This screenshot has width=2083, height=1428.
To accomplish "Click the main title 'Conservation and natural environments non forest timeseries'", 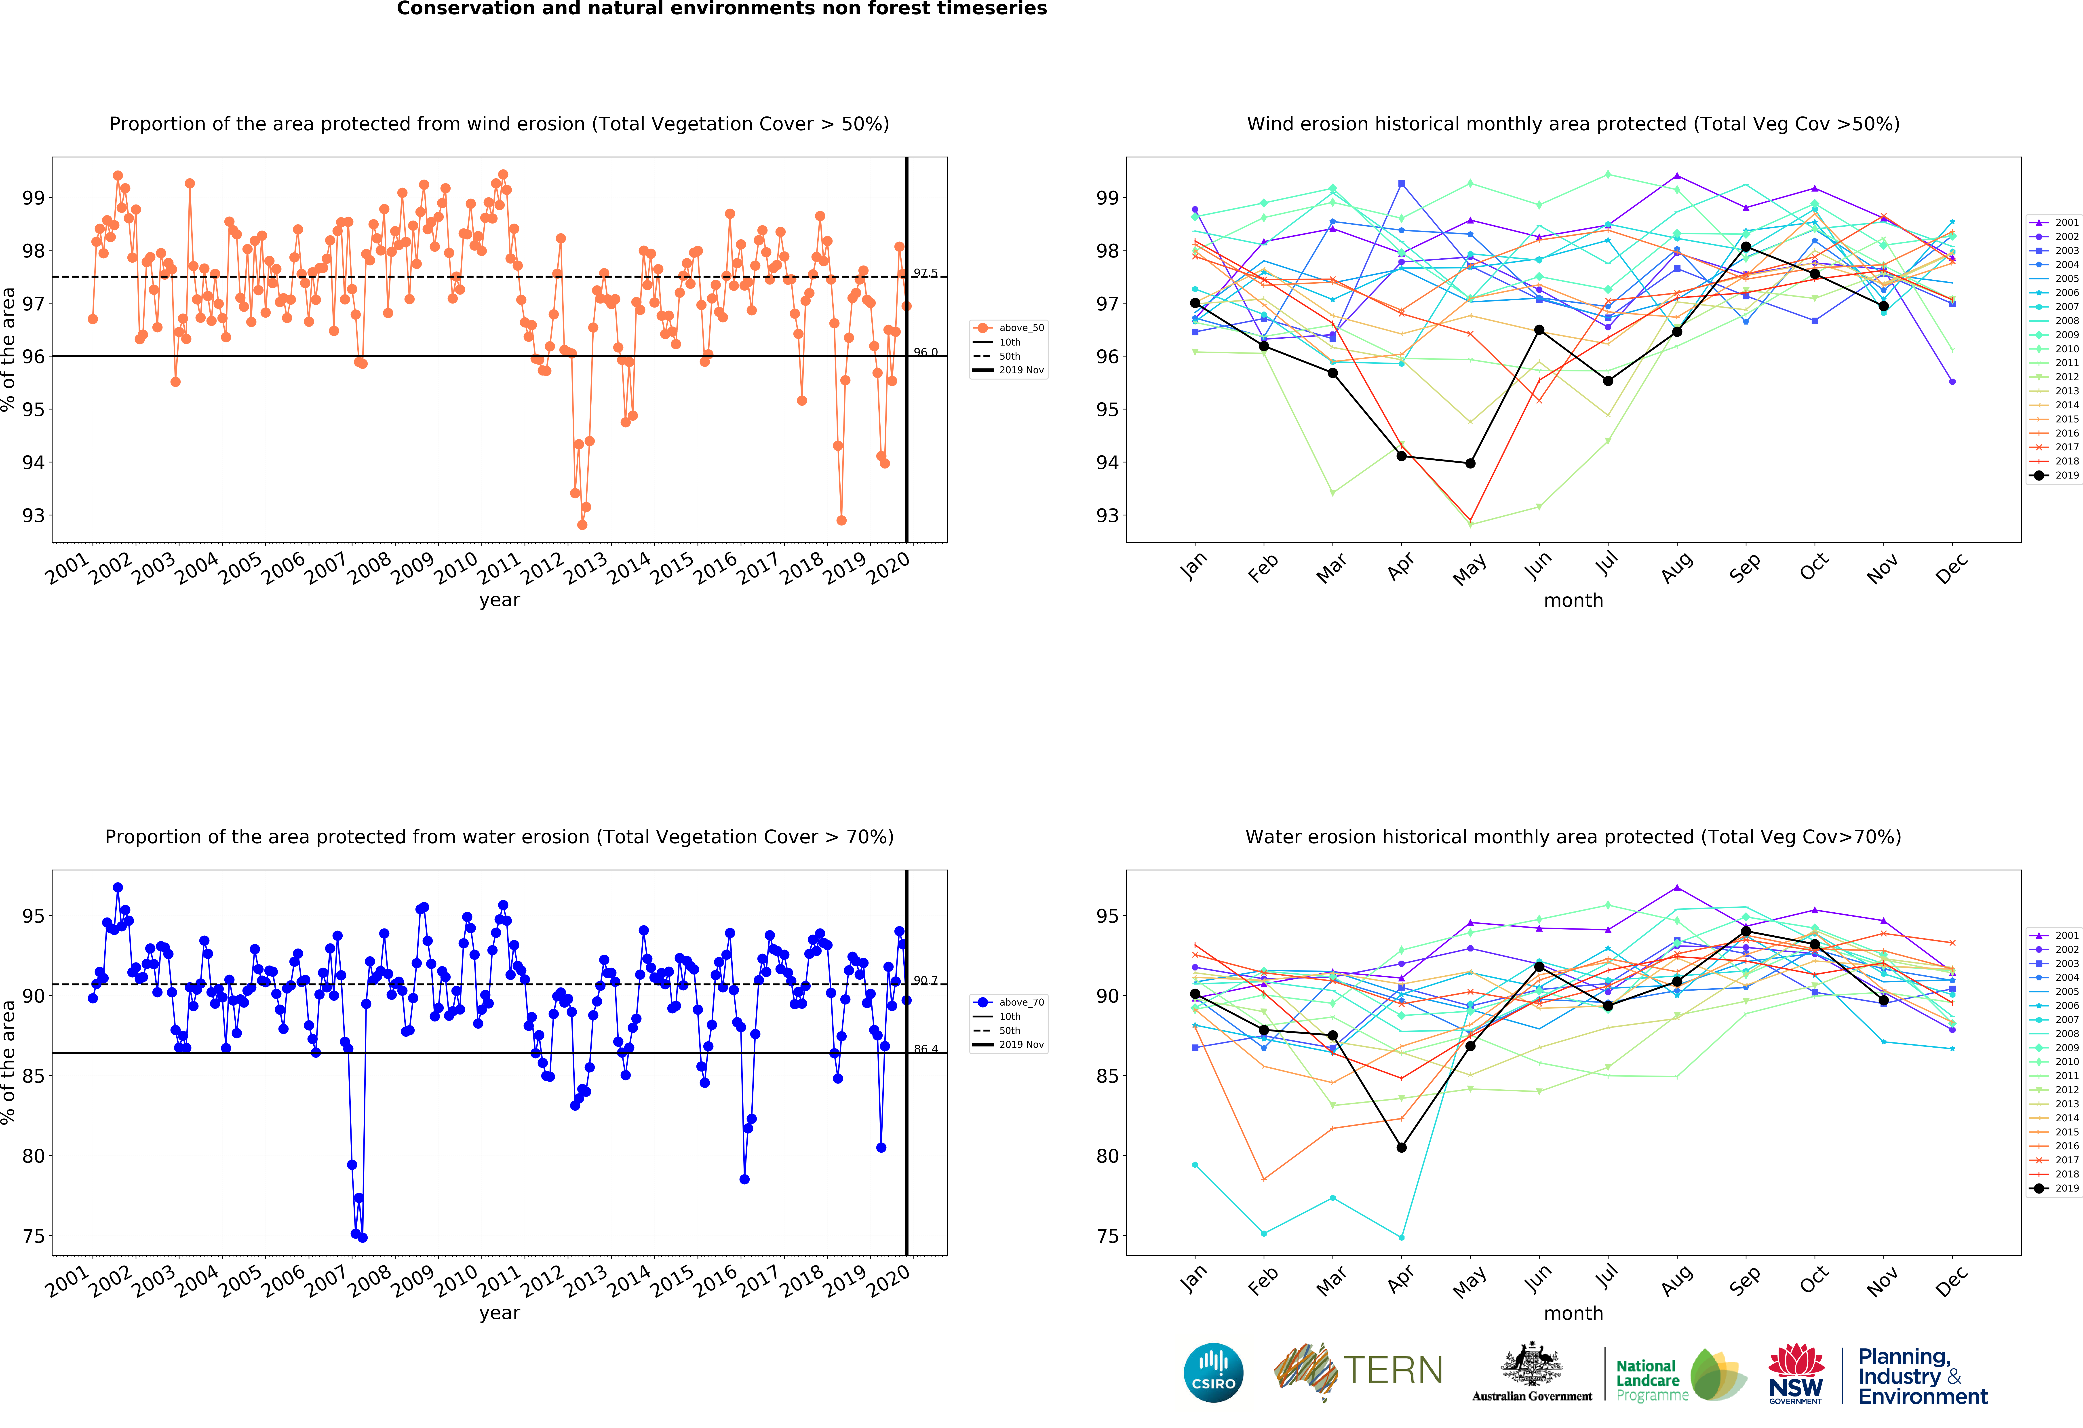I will (x=721, y=9).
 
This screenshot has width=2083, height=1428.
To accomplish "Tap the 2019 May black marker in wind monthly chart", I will (x=1470, y=464).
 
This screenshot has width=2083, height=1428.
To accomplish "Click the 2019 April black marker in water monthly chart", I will (x=1402, y=1147).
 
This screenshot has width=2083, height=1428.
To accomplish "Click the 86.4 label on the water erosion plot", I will (x=925, y=1049).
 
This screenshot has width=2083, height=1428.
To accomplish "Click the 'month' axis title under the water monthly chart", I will (x=1573, y=1313).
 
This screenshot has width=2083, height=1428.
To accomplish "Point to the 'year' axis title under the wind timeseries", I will (x=499, y=600).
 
